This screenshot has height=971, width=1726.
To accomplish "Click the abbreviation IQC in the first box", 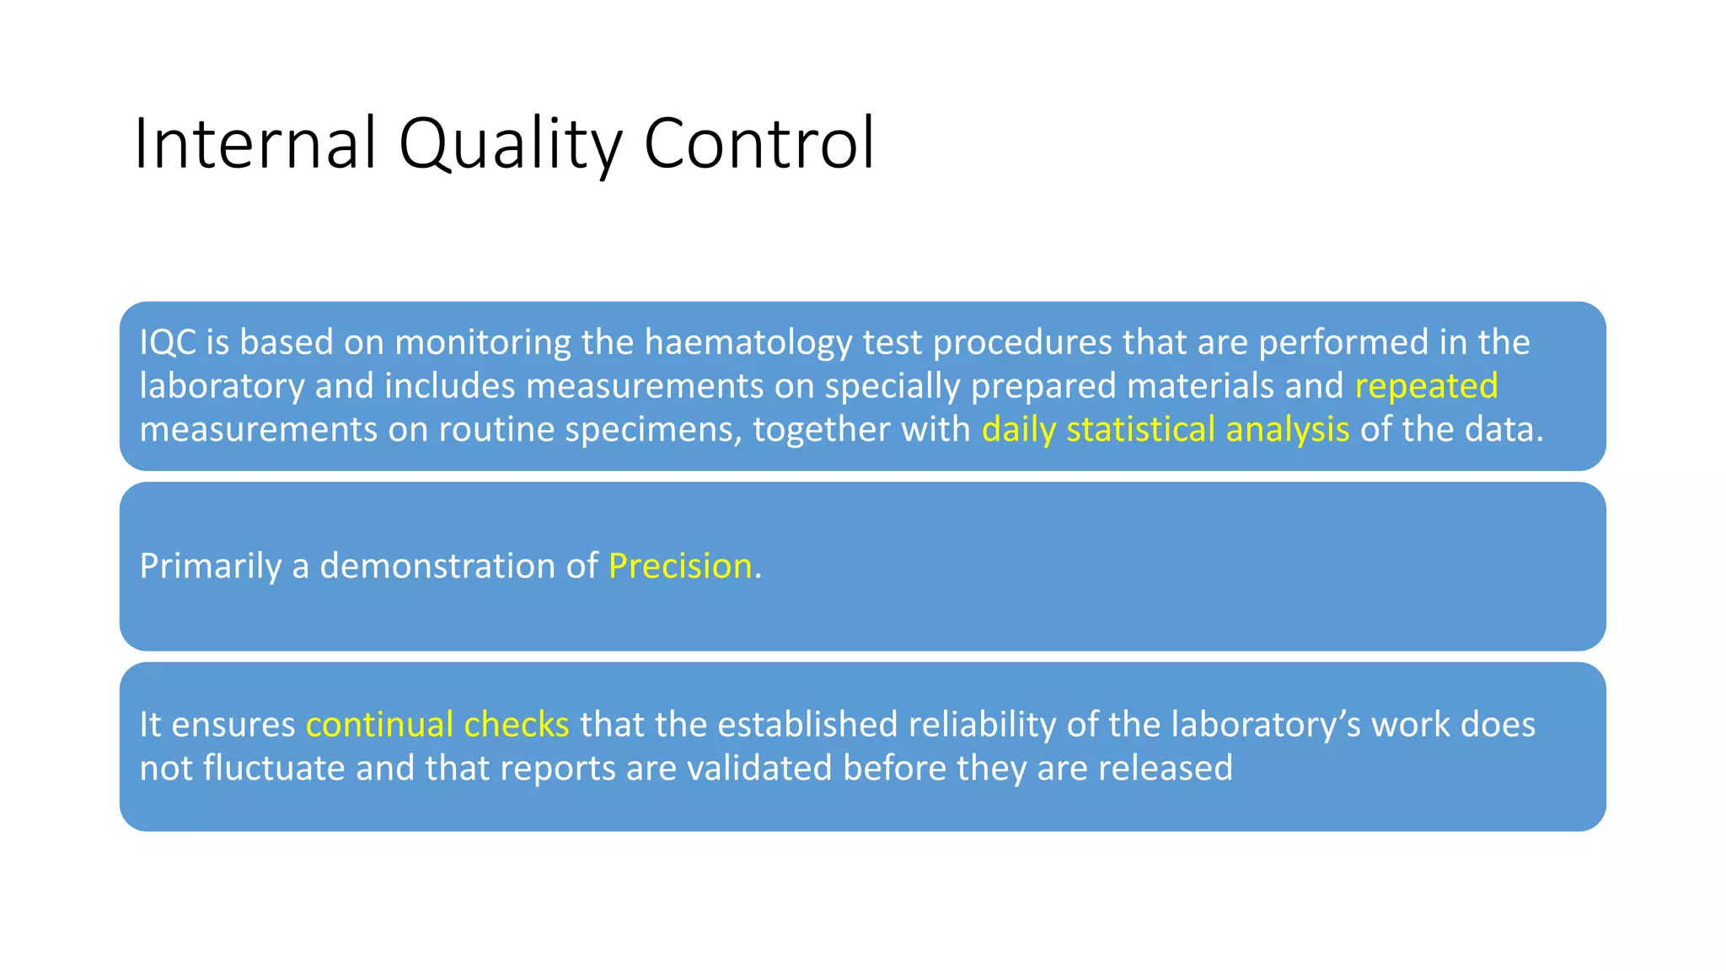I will click(x=168, y=342).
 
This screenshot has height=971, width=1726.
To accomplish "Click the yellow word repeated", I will click(x=1426, y=386).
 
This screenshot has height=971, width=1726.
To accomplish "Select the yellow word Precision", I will click(x=680, y=566).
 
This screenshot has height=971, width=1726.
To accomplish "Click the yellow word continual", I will click(x=379, y=725).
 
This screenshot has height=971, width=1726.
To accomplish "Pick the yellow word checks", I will click(x=516, y=725).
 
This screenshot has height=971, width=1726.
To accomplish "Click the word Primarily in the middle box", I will click(x=210, y=566).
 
